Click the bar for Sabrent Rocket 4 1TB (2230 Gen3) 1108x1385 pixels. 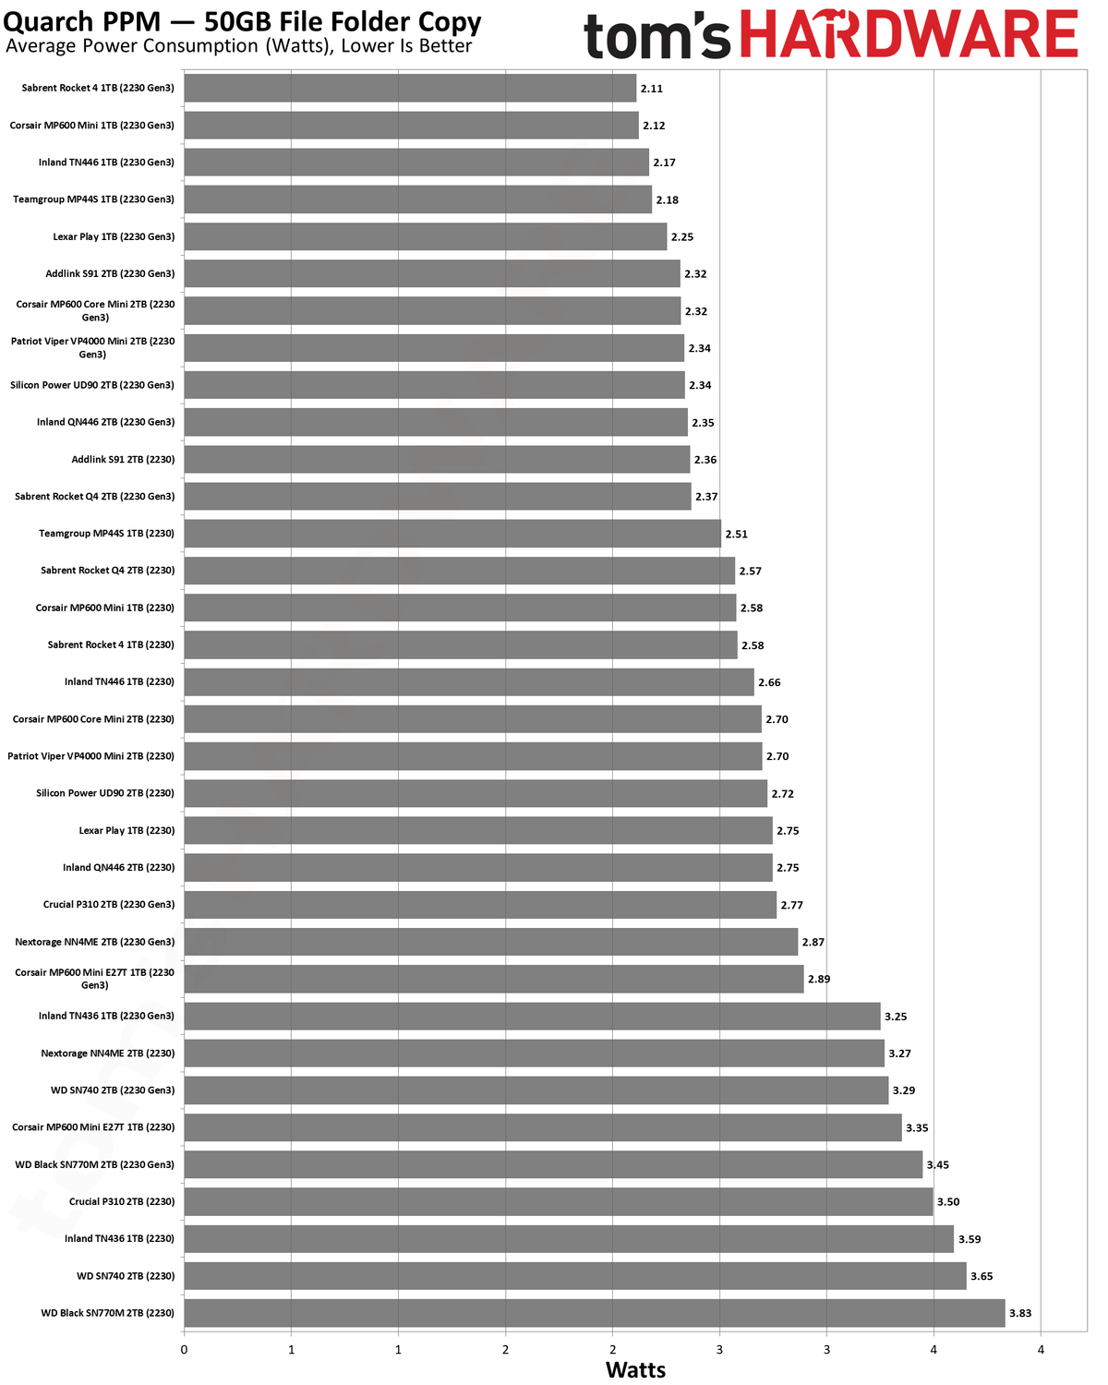coord(409,88)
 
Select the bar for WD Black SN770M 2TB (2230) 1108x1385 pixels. coord(594,1313)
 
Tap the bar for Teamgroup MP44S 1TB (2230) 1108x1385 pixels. coord(452,534)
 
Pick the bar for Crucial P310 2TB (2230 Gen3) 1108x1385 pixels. coord(479,904)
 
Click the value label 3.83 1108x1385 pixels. coord(1019,1313)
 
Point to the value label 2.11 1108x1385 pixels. coord(651,88)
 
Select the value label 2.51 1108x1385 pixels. coord(736,534)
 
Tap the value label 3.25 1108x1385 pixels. coord(895,1017)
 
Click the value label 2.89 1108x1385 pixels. coord(818,979)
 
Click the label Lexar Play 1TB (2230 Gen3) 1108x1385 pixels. coord(114,236)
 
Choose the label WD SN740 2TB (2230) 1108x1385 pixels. coord(126,1276)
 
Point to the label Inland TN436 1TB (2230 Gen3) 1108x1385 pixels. coord(106,1016)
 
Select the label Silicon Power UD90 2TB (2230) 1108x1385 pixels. coord(105,793)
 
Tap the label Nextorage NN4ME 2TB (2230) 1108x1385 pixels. coord(107,1053)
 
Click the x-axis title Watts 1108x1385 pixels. coord(635,1369)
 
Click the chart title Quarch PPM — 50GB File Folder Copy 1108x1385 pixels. coord(242,22)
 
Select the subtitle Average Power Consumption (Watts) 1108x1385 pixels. coord(168,46)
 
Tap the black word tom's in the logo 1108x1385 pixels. coord(656,36)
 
